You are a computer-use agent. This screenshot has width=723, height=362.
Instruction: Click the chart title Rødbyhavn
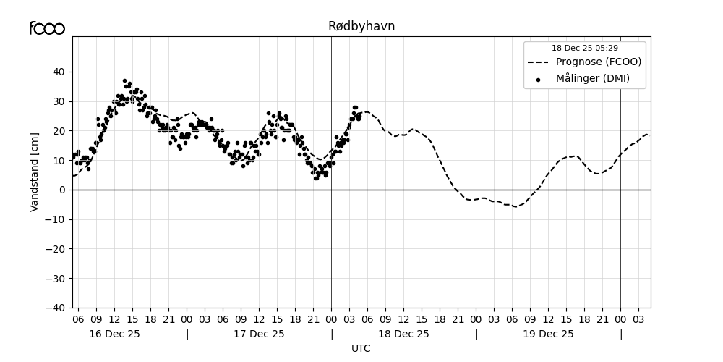point(361,26)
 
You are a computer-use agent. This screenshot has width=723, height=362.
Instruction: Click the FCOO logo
point(47,28)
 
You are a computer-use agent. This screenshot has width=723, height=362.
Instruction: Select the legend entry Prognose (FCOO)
point(598,62)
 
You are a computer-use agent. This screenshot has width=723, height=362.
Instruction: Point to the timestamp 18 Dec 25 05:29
point(585,49)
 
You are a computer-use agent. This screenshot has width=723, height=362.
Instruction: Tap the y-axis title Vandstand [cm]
point(35,172)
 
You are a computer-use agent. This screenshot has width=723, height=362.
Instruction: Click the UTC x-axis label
point(361,348)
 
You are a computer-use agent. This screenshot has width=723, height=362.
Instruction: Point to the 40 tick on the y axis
point(58,72)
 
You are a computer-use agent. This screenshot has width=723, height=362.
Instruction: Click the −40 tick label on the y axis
point(55,308)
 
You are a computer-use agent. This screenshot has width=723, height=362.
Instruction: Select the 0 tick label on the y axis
point(62,190)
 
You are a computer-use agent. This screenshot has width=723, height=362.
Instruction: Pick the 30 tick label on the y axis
point(58,101)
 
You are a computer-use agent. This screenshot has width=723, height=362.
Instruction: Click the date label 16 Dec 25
point(114,334)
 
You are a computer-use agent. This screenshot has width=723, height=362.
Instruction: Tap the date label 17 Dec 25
point(259,334)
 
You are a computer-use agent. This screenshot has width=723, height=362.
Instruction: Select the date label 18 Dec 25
point(403,334)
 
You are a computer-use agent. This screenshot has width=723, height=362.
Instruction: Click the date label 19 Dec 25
point(548,334)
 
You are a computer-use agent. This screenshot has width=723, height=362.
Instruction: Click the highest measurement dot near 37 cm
point(124,80)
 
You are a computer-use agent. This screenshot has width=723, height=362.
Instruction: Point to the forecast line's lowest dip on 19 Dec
point(515,206)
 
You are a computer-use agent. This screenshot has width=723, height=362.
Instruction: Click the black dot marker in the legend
point(538,79)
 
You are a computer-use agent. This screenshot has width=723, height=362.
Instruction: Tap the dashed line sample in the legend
point(538,62)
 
